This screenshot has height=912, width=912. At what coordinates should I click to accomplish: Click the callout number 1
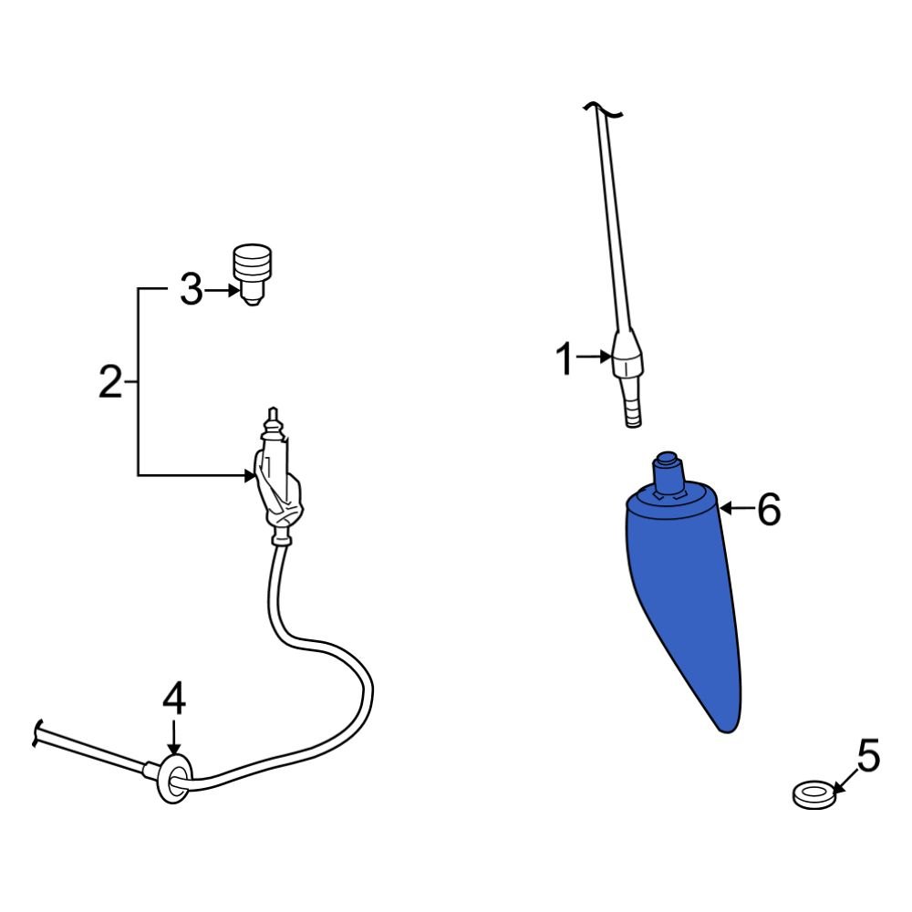[x=565, y=359]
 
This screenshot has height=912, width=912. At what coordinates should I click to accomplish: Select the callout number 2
[x=109, y=381]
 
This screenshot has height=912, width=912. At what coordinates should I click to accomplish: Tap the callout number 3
[x=190, y=291]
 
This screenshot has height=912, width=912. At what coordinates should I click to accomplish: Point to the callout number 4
[x=173, y=700]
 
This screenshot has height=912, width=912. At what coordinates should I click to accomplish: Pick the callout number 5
[x=867, y=756]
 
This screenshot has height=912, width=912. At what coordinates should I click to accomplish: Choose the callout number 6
[x=769, y=510]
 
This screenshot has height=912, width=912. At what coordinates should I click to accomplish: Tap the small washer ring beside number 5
[x=814, y=794]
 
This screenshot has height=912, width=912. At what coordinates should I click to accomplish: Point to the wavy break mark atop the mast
[x=602, y=110]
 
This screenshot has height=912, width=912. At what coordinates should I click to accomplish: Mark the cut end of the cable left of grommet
[x=37, y=731]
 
